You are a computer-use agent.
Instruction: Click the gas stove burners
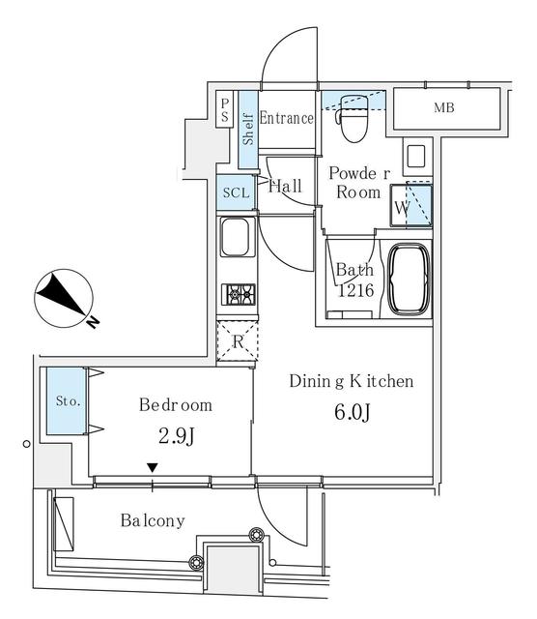(238, 294)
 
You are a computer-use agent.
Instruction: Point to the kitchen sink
(238, 237)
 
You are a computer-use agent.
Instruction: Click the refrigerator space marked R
(238, 341)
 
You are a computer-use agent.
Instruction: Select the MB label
(444, 106)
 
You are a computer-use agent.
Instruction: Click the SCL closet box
(236, 192)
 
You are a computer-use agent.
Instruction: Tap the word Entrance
(286, 118)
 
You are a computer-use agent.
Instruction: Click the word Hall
(286, 186)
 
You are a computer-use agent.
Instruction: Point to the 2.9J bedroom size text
(175, 437)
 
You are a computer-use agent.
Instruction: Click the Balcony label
(153, 520)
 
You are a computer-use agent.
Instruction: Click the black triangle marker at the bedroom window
(153, 469)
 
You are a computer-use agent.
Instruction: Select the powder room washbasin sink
(416, 156)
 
